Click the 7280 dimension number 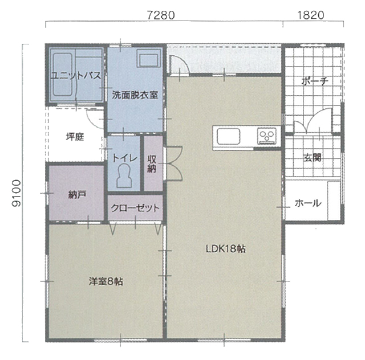coord(161,15)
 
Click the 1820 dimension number coord(311,15)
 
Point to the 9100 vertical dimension coord(17,193)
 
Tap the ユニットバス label coord(76,76)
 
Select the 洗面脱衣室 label coord(135,95)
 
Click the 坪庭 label coord(75,137)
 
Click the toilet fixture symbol coord(124,176)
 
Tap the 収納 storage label coord(152,164)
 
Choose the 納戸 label coord(78,195)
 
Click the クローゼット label coord(135,208)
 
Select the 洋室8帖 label coord(106,281)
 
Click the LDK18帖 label coord(226,249)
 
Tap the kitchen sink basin coord(229,137)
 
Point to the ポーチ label coord(315,81)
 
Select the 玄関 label coord(313,158)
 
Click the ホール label coord(308,203)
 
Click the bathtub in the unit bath coord(63,75)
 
